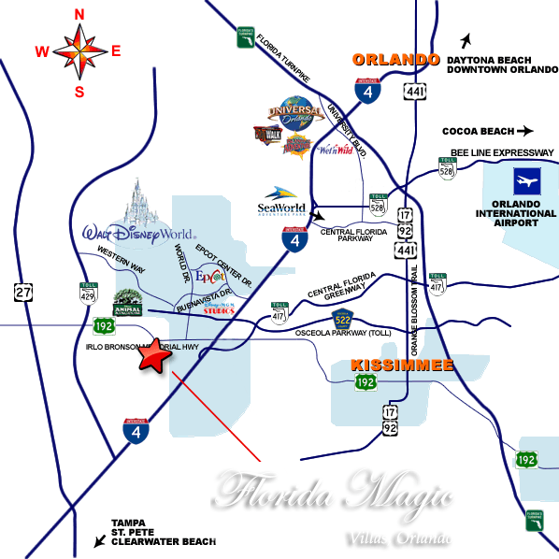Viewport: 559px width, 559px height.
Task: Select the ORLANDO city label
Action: (395, 60)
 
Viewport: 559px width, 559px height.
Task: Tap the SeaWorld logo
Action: (282, 200)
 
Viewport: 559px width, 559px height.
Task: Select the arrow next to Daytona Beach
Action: (465, 40)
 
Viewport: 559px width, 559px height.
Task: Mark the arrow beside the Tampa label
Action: (98, 540)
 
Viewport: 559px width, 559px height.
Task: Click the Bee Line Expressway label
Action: (502, 152)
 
